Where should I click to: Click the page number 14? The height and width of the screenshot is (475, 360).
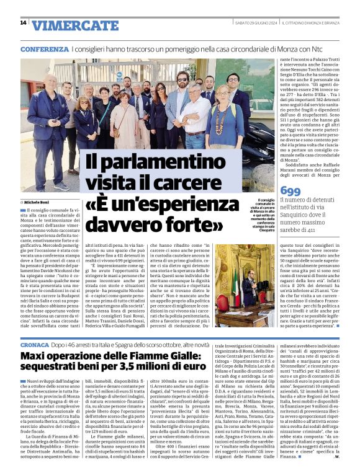pyautogui.click(x=23, y=23)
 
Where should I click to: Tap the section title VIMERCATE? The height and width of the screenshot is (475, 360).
pyautogui.click(x=74, y=25)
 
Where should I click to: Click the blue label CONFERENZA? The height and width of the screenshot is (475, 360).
pyautogui.click(x=44, y=48)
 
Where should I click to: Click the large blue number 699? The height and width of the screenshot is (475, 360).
pyautogui.click(x=290, y=190)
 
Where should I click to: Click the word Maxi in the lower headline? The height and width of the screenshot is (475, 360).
pyautogui.click(x=34, y=356)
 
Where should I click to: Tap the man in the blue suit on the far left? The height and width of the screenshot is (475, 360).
pyautogui.click(x=52, y=124)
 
